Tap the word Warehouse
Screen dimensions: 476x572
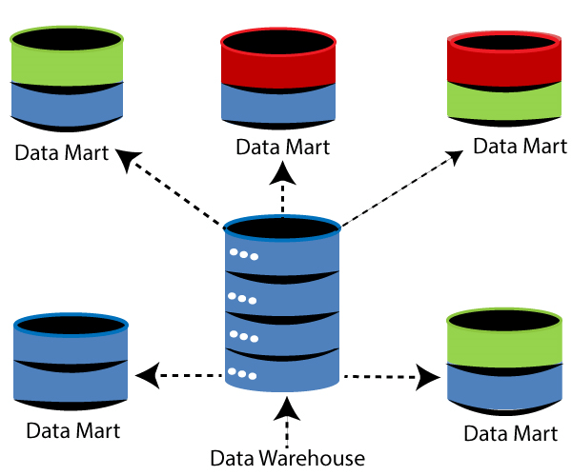(312, 458)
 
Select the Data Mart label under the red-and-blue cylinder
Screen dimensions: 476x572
(283, 148)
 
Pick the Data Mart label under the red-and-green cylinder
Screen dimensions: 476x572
(521, 147)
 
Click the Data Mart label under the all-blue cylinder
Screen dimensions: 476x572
(73, 429)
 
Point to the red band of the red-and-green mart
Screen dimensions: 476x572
(505, 68)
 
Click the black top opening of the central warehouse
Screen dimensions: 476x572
(282, 229)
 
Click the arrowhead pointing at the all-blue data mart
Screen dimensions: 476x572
(146, 377)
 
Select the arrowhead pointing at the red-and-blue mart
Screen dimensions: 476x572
(282, 172)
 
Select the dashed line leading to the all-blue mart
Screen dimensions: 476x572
(191, 376)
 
